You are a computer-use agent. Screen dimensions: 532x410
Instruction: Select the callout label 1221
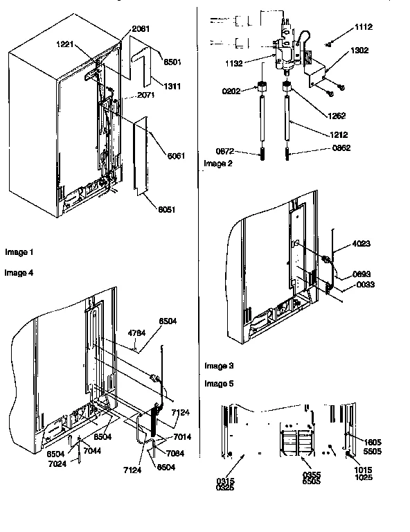67,44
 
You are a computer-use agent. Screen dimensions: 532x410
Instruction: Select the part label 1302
359,51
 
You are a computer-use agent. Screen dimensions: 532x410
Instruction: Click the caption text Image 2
218,163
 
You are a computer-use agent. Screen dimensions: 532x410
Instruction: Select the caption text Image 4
19,272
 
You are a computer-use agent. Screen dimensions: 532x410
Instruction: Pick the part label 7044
91,451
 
